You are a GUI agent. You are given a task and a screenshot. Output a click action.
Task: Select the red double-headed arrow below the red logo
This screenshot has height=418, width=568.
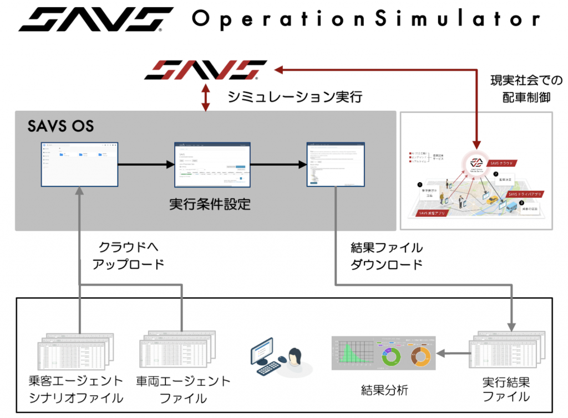point(206,97)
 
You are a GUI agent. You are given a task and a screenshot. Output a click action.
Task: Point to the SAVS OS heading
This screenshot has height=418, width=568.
point(60,126)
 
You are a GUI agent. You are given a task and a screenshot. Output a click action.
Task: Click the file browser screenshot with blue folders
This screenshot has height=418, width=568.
point(79,164)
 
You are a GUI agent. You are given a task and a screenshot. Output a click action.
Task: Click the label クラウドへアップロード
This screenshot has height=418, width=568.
point(131,255)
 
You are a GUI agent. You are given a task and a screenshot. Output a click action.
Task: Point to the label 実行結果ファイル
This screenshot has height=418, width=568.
point(506,389)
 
